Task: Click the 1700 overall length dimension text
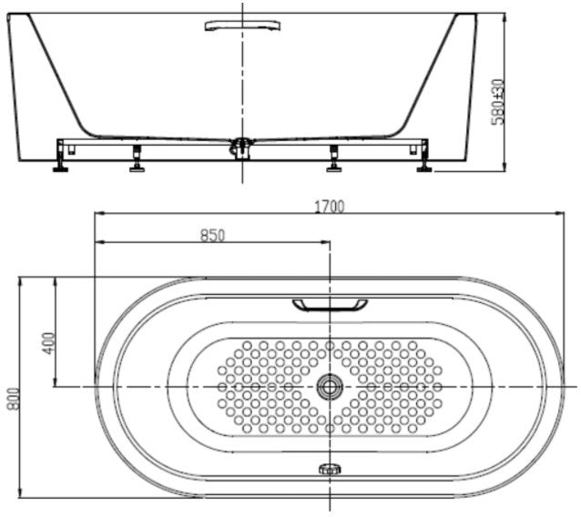(x=331, y=206)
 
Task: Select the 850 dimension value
(x=211, y=235)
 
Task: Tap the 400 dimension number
(x=48, y=342)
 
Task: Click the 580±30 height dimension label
(x=497, y=100)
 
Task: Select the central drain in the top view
(x=329, y=387)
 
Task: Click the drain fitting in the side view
(x=242, y=146)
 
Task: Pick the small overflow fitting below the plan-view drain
(x=329, y=470)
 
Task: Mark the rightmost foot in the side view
(x=424, y=161)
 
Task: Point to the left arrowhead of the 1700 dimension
(x=98, y=214)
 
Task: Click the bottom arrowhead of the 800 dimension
(x=20, y=495)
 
